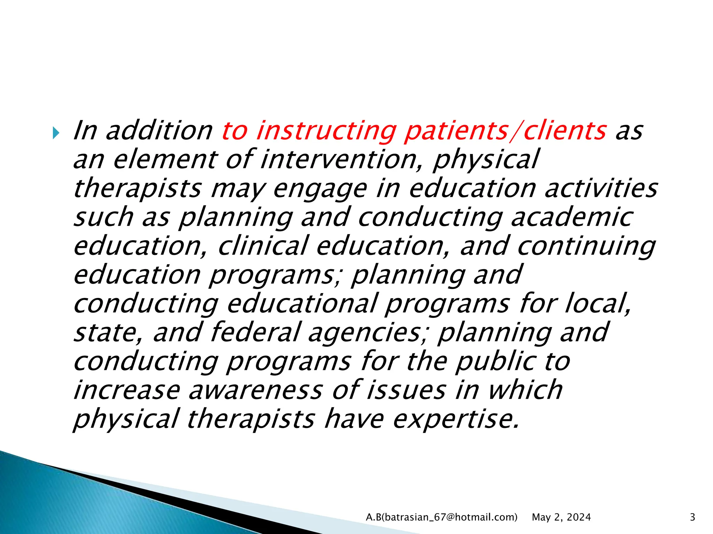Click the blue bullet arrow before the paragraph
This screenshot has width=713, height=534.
[56, 133]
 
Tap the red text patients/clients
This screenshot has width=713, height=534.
[506, 131]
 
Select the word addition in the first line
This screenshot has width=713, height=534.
[159, 131]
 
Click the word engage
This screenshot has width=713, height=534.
[320, 189]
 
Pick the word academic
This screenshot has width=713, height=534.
[572, 217]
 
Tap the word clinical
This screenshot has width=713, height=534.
[263, 246]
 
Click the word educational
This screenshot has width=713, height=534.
[302, 304]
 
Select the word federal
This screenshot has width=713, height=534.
[255, 332]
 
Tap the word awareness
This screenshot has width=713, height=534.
[256, 390]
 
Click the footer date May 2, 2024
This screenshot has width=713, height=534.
[561, 517]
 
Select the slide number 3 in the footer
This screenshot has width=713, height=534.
[692, 517]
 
